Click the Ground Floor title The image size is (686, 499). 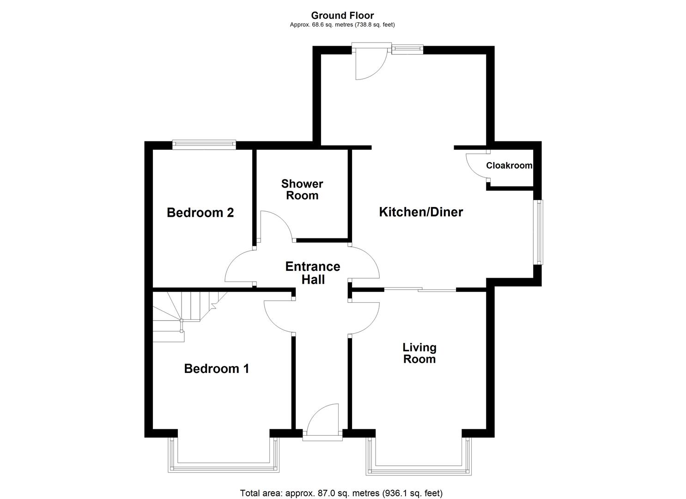click(342, 16)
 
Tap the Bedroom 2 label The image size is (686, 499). click(200, 213)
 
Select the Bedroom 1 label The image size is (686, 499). click(216, 369)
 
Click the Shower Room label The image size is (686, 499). click(302, 189)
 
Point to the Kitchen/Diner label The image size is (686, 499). click(421, 212)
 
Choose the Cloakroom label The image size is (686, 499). click(509, 165)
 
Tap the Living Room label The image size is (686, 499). click(419, 353)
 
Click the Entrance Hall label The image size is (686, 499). click(313, 273)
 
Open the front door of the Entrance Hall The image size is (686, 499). click(322, 420)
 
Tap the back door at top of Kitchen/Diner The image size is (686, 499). click(370, 62)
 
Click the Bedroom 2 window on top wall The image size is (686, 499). click(204, 145)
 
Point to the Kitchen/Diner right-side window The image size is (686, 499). click(538, 232)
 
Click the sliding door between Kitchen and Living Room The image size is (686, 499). click(420, 290)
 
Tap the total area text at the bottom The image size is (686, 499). click(341, 493)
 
